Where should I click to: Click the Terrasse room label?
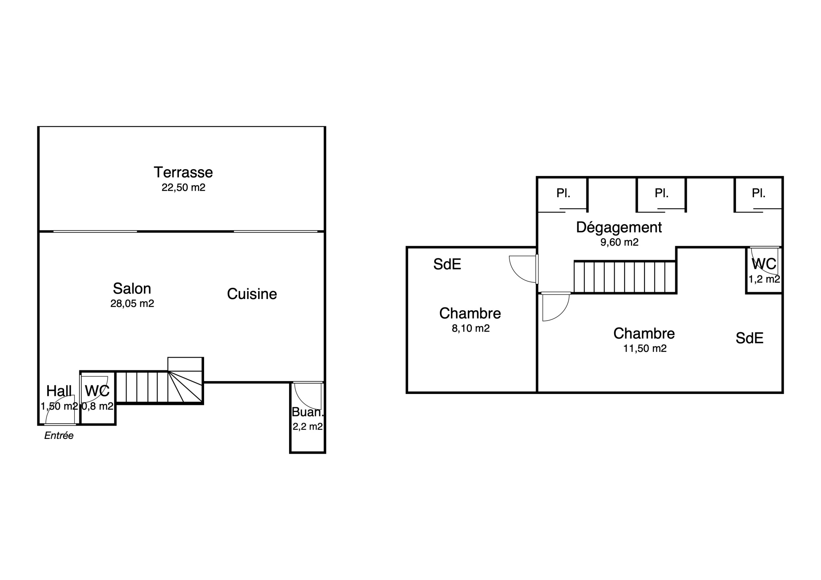pyautogui.click(x=183, y=172)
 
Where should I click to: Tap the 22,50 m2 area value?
pyautogui.click(x=184, y=188)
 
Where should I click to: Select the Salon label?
pyautogui.click(x=132, y=289)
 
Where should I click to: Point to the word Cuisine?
pyautogui.click(x=252, y=294)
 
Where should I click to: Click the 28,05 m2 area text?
pyautogui.click(x=132, y=303)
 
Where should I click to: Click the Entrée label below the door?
pyautogui.click(x=59, y=436)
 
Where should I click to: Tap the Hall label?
pyautogui.click(x=59, y=391)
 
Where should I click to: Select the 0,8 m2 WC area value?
pyautogui.click(x=97, y=406)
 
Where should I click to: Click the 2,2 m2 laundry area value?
pyautogui.click(x=307, y=426)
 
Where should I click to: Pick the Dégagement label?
pyautogui.click(x=619, y=227)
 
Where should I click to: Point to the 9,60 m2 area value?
pyautogui.click(x=619, y=242)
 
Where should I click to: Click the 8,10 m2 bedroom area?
pyautogui.click(x=471, y=328)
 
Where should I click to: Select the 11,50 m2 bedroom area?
pyautogui.click(x=645, y=348)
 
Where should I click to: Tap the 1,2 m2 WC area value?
pyautogui.click(x=764, y=279)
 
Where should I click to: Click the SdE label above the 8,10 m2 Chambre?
pyautogui.click(x=447, y=264)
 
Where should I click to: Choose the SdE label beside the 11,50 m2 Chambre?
pyautogui.click(x=749, y=338)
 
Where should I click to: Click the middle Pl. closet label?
pyautogui.click(x=661, y=193)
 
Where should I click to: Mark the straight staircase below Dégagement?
pyautogui.click(x=625, y=277)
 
